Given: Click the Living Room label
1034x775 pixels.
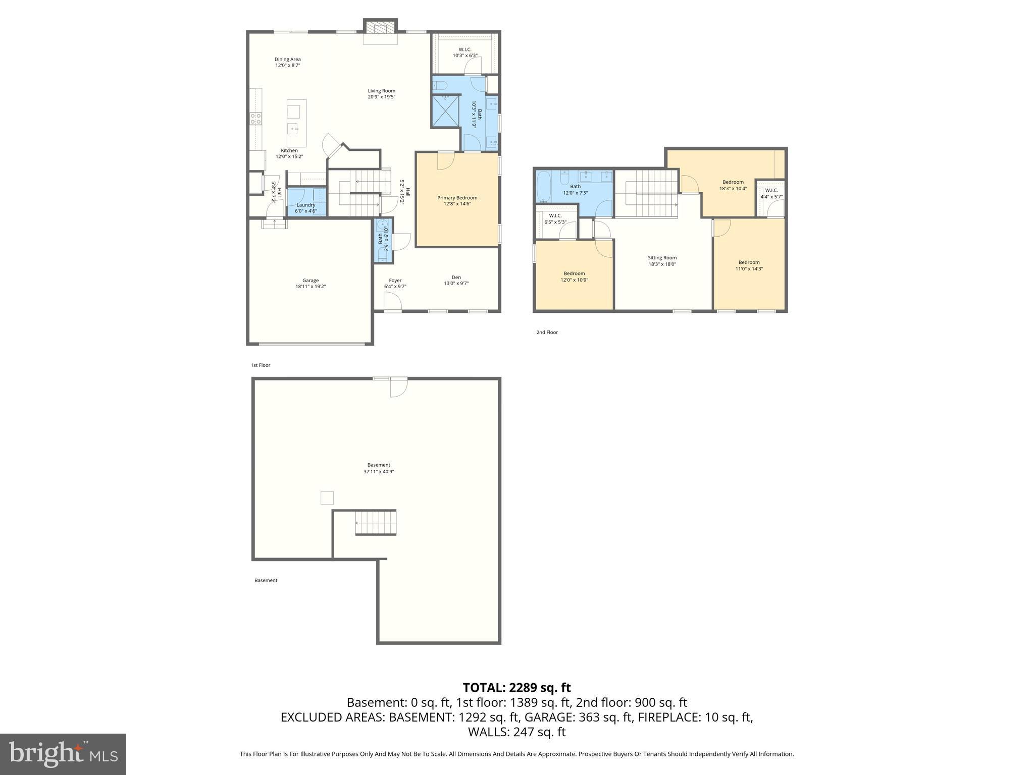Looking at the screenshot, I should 381,91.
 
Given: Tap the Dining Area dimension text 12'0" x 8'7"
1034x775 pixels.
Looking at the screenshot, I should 288,66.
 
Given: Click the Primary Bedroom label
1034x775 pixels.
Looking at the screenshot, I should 457,198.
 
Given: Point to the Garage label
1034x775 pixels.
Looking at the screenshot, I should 311,281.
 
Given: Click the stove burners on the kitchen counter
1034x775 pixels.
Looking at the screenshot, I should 256,119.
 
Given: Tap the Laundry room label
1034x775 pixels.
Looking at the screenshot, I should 306,205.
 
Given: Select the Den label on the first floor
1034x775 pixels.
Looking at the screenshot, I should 456,277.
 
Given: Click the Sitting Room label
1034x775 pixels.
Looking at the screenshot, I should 662,257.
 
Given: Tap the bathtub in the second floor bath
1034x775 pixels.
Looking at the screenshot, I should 545,187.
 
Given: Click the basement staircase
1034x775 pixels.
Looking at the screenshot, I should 376,522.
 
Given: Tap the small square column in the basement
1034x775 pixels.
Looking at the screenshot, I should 327,497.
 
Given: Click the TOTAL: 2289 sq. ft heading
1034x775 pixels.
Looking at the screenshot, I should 516,687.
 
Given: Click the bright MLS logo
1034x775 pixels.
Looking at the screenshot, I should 63,754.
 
